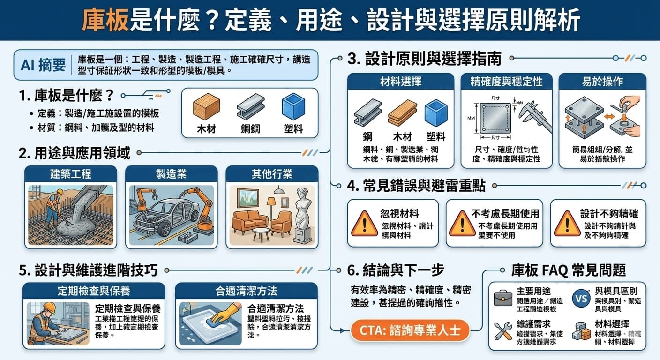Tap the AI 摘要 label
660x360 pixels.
[43, 65]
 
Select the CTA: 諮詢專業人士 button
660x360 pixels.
[410, 331]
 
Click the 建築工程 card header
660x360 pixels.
[70, 174]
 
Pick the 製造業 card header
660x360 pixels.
[171, 174]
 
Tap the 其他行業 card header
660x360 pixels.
[272, 174]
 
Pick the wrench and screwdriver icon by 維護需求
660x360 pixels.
[503, 331]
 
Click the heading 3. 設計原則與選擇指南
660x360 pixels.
[425, 59]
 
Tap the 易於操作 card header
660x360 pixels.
[602, 82]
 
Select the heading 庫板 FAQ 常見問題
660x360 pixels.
[568, 270]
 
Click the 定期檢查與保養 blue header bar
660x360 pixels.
[94, 291]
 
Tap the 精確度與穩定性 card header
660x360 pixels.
[506, 82]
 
